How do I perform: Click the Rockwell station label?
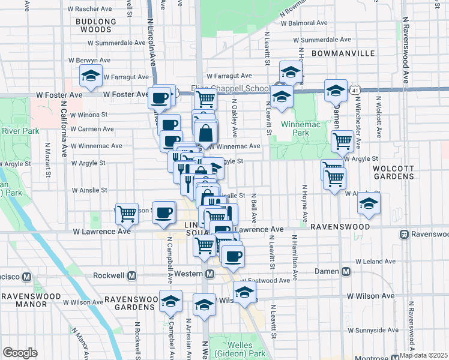click(110, 276)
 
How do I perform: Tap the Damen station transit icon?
click(346, 272)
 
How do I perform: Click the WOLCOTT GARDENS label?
click(393, 172)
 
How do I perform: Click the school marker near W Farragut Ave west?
click(91, 76)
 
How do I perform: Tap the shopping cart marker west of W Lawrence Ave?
click(127, 212)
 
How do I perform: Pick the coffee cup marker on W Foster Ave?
click(160, 98)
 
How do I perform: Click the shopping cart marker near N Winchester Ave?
click(342, 142)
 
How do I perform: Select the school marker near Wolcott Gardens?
click(369, 203)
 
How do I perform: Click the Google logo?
click(20, 353)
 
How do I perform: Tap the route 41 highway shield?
click(356, 89)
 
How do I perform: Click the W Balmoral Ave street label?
click(307, 23)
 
